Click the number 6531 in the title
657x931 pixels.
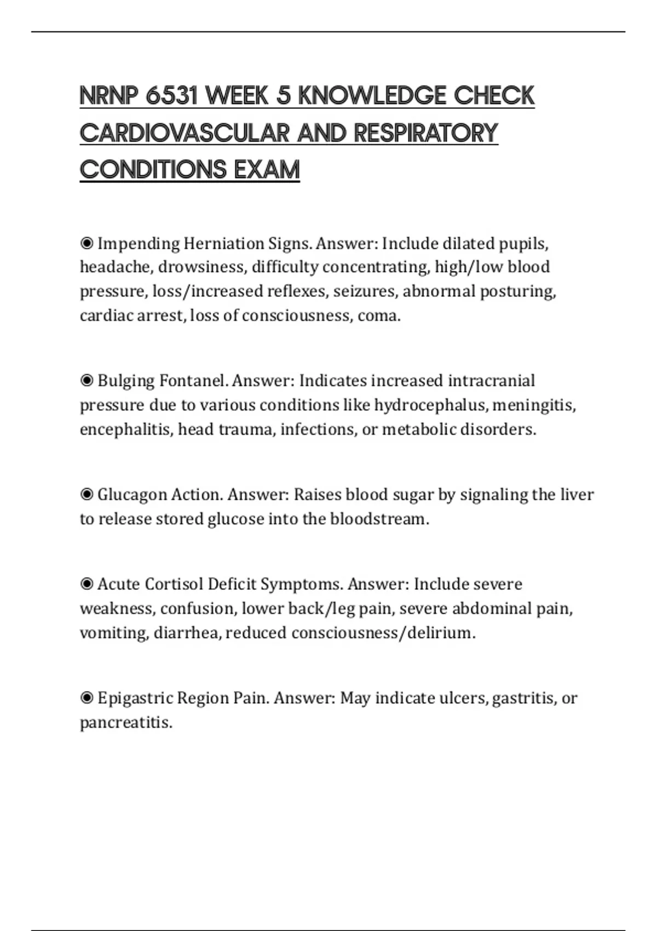click(x=171, y=96)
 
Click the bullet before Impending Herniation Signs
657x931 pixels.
click(x=87, y=243)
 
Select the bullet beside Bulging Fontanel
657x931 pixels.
click(x=87, y=381)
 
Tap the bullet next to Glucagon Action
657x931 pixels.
click(x=87, y=495)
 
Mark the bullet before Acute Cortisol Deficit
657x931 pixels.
click(x=87, y=584)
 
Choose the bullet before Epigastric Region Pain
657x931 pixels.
click(x=87, y=698)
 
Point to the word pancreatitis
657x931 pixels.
click(x=126, y=723)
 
